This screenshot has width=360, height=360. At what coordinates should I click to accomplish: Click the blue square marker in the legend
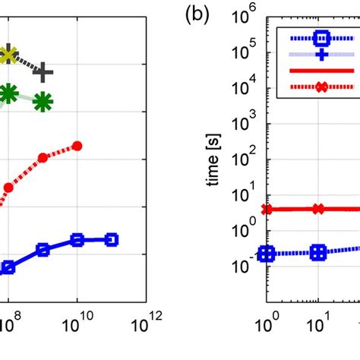321,37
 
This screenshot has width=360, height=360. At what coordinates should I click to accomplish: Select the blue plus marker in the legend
321,55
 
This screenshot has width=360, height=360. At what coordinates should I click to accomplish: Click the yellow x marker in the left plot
9,54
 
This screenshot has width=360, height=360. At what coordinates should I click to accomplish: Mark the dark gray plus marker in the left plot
44,73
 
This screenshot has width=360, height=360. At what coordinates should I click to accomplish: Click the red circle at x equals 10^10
77,146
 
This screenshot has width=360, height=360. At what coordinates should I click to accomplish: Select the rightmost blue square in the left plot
111,240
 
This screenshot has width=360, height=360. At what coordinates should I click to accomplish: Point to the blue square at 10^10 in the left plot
77,240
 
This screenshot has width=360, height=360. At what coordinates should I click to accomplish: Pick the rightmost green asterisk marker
43,100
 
